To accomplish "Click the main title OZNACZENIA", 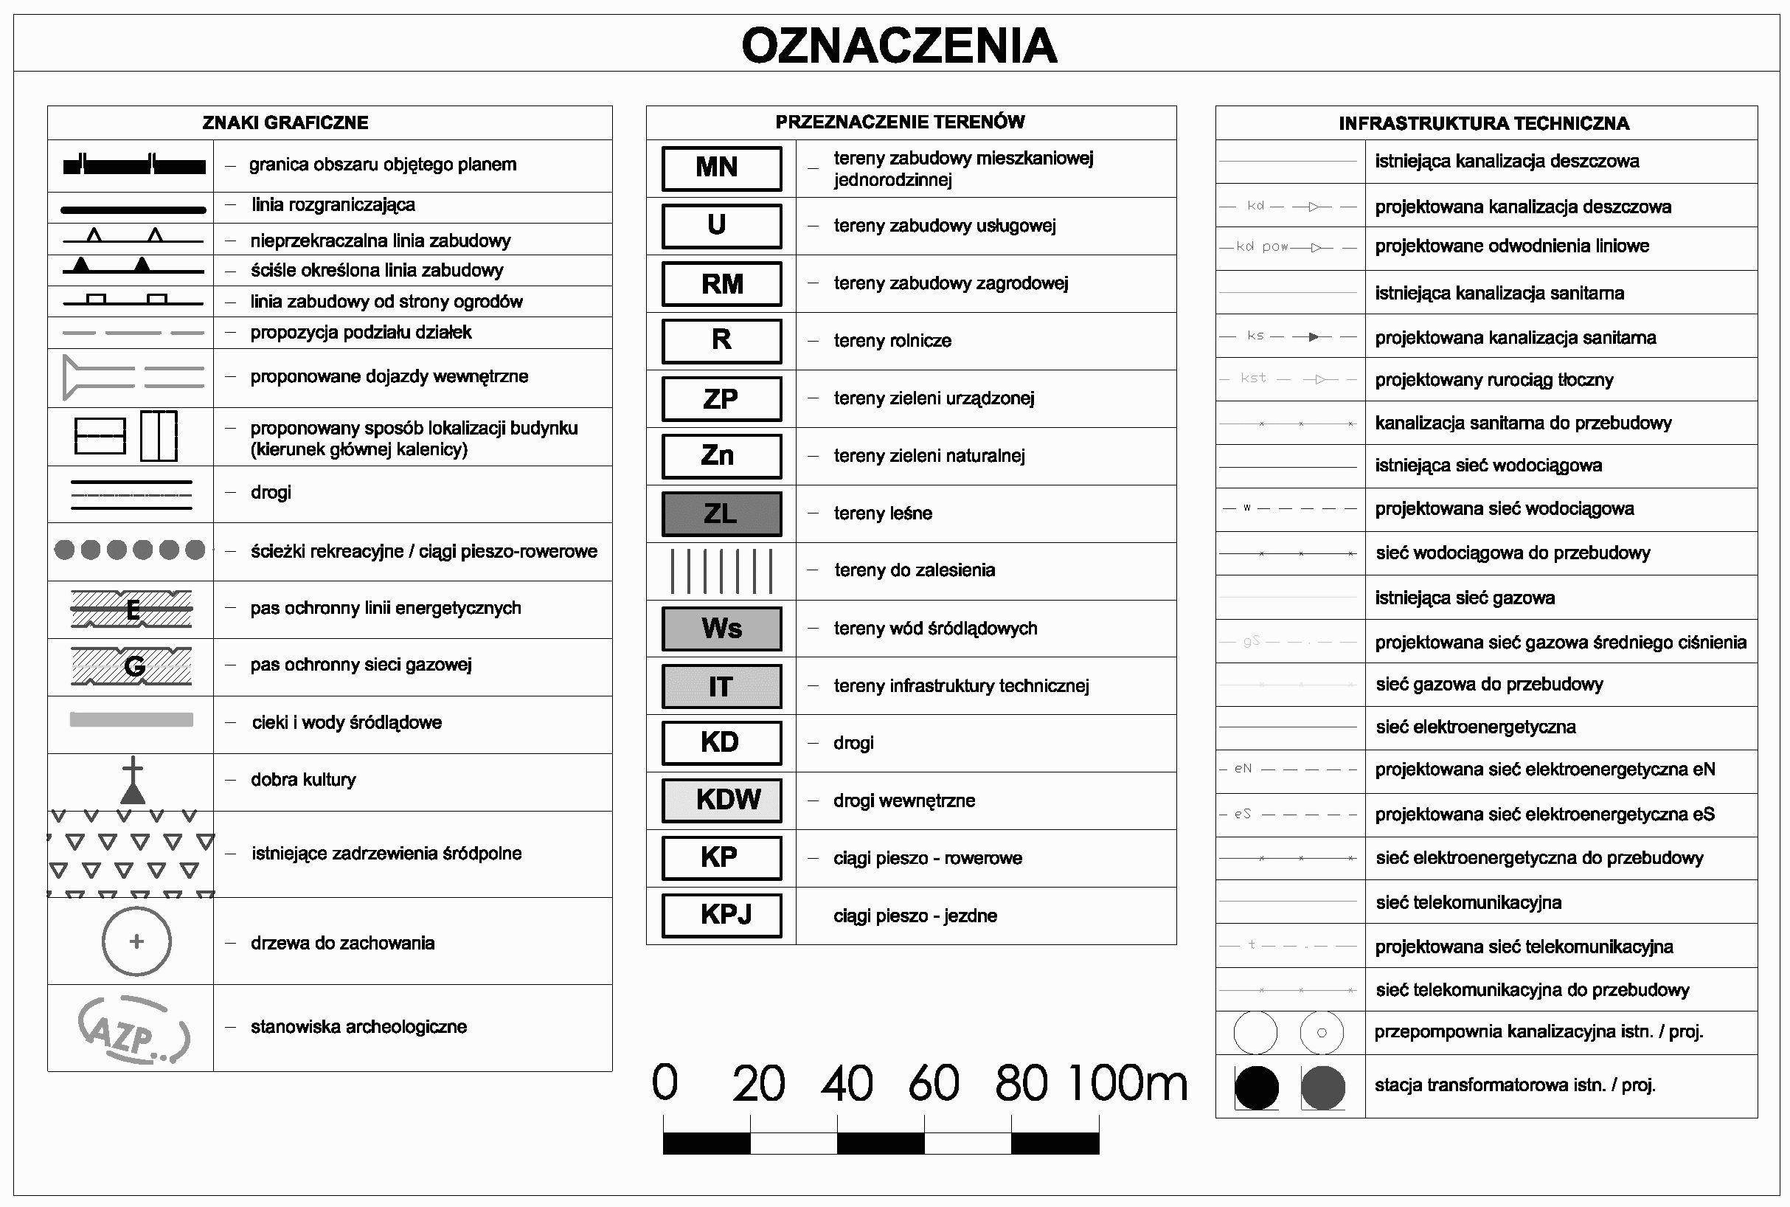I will (x=899, y=46).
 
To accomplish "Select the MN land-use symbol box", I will (x=721, y=167).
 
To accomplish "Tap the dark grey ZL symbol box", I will (x=721, y=513).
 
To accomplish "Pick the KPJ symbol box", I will (x=721, y=916).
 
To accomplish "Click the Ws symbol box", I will (x=721, y=629).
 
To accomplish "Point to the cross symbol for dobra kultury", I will (x=133, y=780).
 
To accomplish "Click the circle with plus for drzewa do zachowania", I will (x=136, y=941).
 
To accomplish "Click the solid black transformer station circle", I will (x=1256, y=1087).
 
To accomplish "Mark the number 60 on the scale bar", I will (x=934, y=1083).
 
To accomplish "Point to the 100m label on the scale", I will (x=1128, y=1083).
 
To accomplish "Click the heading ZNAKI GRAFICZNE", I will (x=285, y=123).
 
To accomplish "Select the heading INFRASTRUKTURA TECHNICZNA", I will (x=1484, y=124).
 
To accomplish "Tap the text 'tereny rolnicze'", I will (x=892, y=341).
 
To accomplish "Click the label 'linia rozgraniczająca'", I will (x=333, y=205).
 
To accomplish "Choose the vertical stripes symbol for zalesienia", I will (x=721, y=571).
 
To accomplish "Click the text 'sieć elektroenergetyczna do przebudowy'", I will (x=1539, y=857).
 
